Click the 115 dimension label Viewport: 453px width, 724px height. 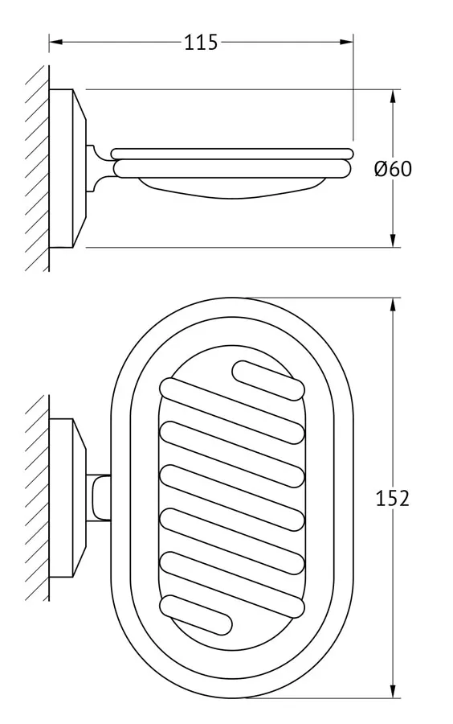[201, 42]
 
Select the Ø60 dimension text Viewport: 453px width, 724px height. [393, 169]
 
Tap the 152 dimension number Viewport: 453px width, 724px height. [392, 499]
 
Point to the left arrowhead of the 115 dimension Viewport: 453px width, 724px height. [55, 42]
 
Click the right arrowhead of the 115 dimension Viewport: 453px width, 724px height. [346, 42]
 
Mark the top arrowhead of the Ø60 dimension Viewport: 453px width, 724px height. [393, 97]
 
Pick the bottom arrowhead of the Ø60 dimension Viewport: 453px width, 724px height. [393, 240]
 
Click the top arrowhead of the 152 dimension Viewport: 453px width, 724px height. [393, 305]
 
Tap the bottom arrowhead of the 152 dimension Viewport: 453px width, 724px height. [393, 691]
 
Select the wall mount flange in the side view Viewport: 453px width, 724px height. [67, 169]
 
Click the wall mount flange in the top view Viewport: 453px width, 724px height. [67, 498]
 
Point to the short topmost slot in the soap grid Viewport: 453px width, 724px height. [268, 380]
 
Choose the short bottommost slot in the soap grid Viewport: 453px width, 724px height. [195, 615]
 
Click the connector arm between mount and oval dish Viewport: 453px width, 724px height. [99, 498]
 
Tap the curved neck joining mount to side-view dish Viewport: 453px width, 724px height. [99, 169]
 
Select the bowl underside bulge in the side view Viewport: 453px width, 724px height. [232, 189]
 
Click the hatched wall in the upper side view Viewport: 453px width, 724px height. [37, 169]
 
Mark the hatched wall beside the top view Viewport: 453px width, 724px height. [37, 498]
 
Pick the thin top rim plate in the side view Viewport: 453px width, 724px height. [232, 154]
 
